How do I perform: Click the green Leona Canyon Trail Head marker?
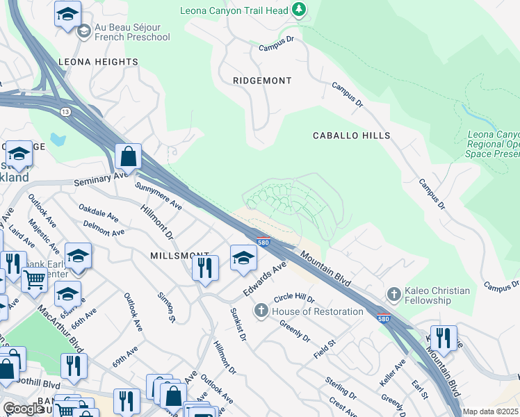pos(299,10)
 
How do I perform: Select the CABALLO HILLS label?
pos(351,136)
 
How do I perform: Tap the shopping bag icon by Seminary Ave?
pos(129,157)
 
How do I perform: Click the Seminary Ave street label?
pos(101,179)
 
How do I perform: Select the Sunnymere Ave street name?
pos(159,197)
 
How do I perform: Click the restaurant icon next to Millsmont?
pos(205,268)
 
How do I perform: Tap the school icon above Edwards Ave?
pos(243,259)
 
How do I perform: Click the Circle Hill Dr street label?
pos(294,298)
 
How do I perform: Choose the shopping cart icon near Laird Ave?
pos(34,280)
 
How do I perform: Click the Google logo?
pos(24,409)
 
